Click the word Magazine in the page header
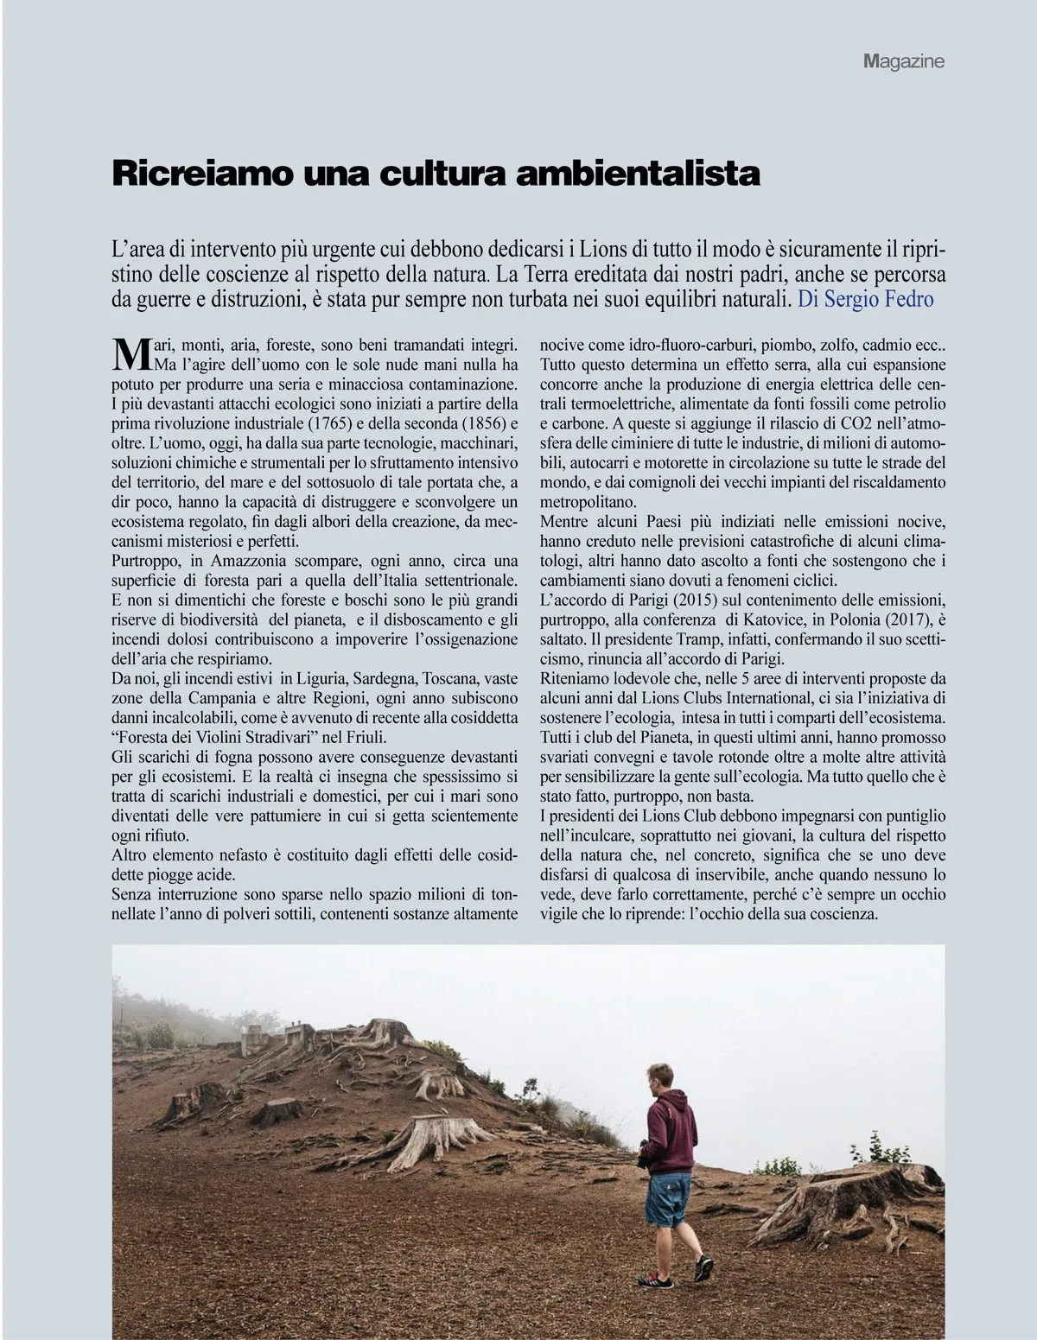coord(903,61)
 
